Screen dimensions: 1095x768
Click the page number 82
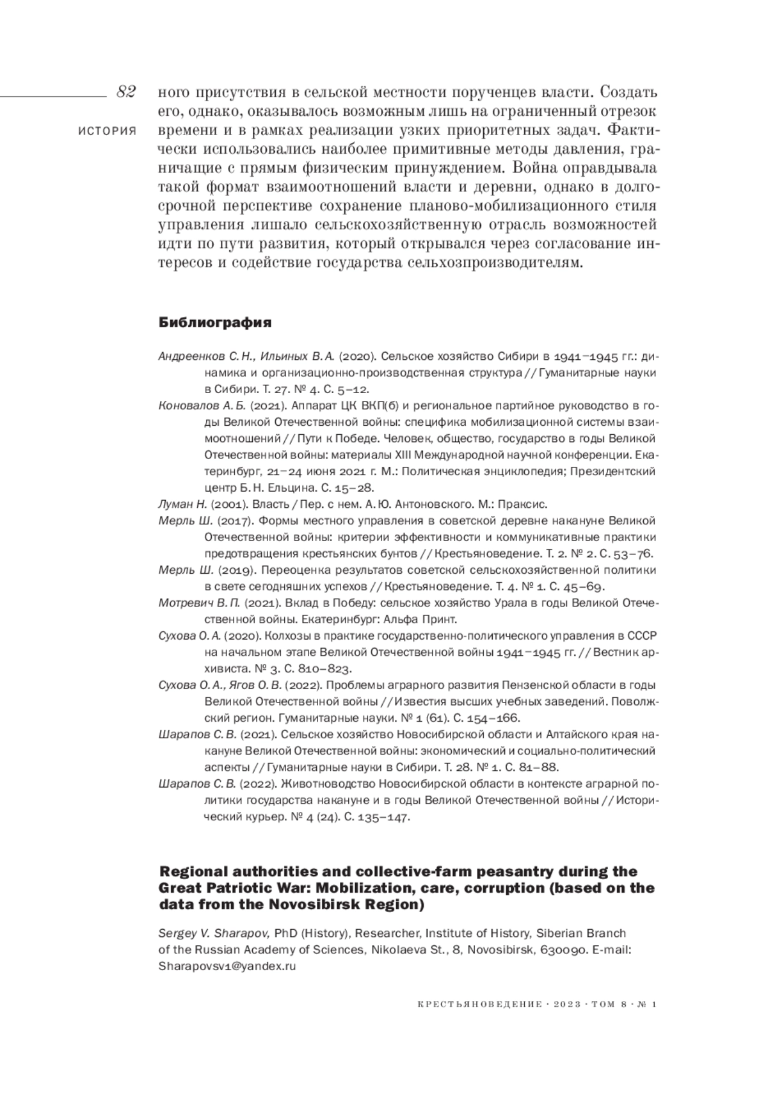(125, 92)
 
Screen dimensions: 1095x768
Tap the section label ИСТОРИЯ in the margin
(107, 131)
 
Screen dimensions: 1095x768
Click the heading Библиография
(214, 323)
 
